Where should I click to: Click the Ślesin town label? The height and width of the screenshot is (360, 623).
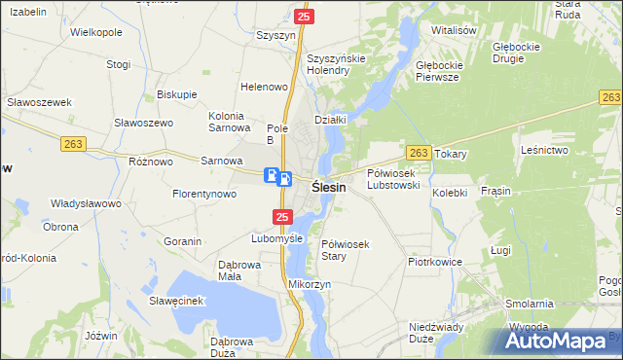(x=328, y=187)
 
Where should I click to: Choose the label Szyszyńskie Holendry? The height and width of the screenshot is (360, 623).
(x=335, y=64)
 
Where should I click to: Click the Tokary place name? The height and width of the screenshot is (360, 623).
(x=452, y=154)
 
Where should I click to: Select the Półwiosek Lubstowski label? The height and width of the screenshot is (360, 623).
(x=393, y=178)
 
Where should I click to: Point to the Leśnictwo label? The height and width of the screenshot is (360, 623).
(x=544, y=150)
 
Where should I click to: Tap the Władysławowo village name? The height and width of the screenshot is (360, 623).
(x=86, y=204)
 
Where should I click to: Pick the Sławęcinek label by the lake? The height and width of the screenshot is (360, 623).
(x=175, y=301)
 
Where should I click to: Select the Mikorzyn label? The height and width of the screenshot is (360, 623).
(x=311, y=283)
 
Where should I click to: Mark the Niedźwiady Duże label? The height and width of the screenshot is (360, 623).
(x=435, y=333)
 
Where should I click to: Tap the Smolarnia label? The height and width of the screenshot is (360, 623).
(x=530, y=304)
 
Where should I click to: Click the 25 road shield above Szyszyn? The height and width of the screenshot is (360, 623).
(x=304, y=17)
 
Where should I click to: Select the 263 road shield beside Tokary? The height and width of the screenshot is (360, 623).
(x=419, y=153)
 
